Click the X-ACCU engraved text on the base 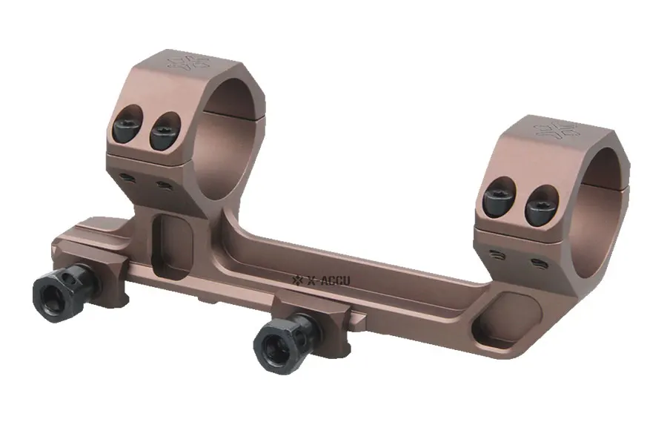point(328,280)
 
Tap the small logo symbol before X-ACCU point(297,280)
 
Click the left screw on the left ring point(127,122)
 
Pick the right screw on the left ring point(165,131)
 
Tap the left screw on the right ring point(500,195)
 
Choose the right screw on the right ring point(541,205)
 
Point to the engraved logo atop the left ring point(189,62)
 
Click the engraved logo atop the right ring point(557,130)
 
